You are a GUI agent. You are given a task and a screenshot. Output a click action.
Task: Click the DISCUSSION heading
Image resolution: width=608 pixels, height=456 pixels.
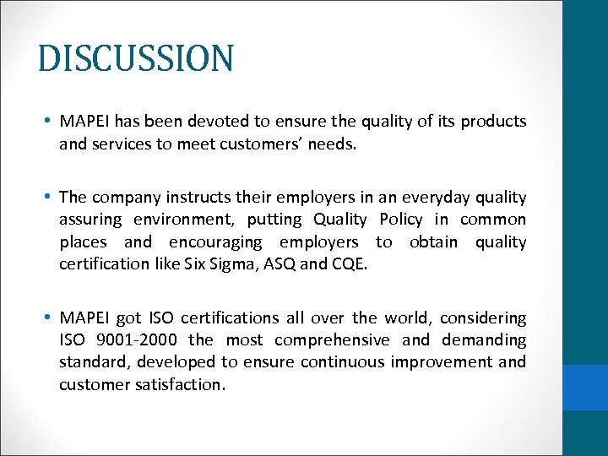click(x=136, y=59)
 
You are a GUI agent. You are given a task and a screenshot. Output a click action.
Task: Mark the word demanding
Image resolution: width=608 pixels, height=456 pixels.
click(x=485, y=339)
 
